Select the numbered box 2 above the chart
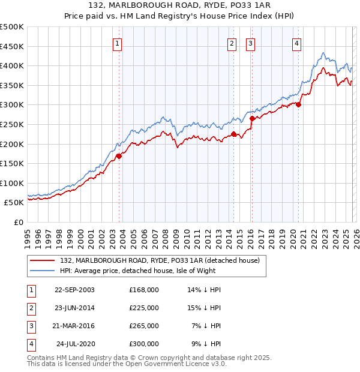tap(232, 43)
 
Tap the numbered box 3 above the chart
tap(250, 43)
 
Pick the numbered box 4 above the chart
tap(296, 43)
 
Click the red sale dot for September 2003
tap(119, 156)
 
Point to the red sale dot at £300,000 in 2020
tap(298, 104)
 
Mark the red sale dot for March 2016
tap(252, 118)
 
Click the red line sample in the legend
tap(42, 260)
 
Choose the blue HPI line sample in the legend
tap(42, 271)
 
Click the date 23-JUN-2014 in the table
tap(74, 308)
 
